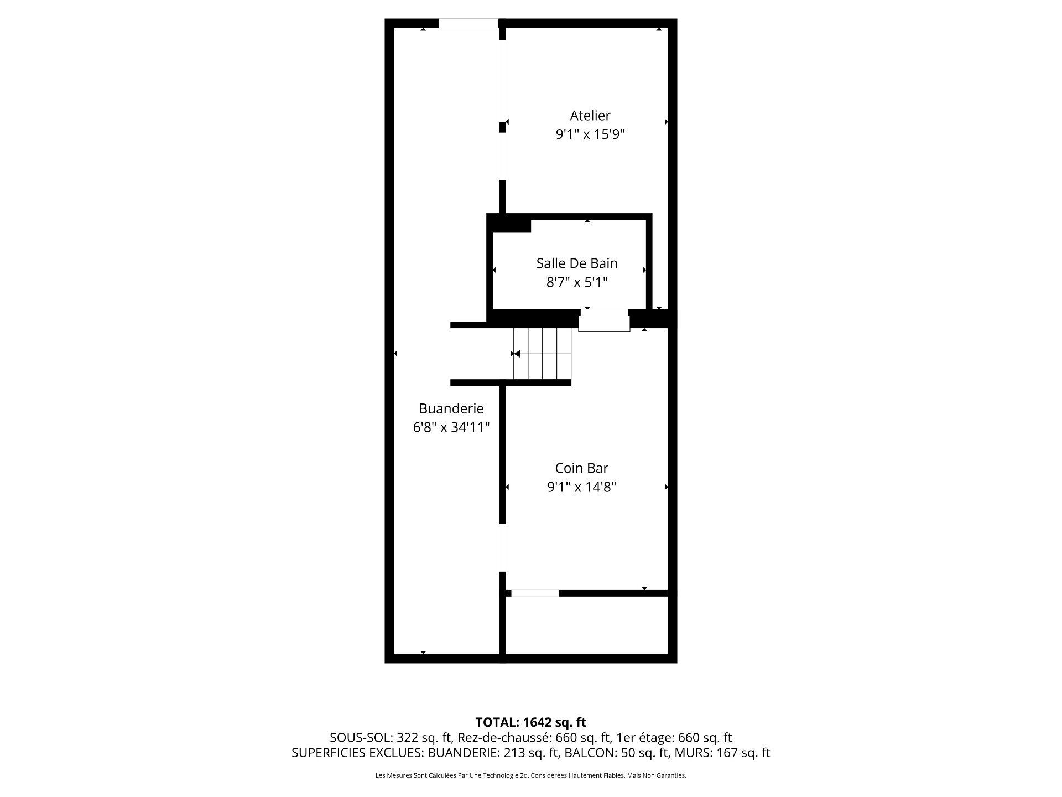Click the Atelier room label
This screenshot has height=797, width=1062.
click(590, 116)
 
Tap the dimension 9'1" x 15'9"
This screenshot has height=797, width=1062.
click(590, 134)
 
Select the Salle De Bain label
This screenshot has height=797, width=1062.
click(577, 263)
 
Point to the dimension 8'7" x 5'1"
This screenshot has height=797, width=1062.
click(577, 282)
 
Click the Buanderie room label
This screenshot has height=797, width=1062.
click(451, 408)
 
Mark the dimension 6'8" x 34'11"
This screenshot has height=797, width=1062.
click(451, 427)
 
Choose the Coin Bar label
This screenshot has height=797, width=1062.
click(581, 468)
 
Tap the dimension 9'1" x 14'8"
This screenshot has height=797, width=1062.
click(581, 487)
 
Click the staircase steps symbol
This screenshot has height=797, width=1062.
click(542, 353)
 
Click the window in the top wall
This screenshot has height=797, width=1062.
click(468, 23)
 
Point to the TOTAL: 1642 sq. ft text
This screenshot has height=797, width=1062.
click(530, 722)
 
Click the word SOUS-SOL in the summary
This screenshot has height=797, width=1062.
click(361, 738)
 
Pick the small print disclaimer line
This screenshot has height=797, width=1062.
click(530, 775)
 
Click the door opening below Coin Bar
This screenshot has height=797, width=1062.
click(535, 593)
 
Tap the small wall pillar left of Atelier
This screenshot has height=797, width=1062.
click(503, 127)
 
